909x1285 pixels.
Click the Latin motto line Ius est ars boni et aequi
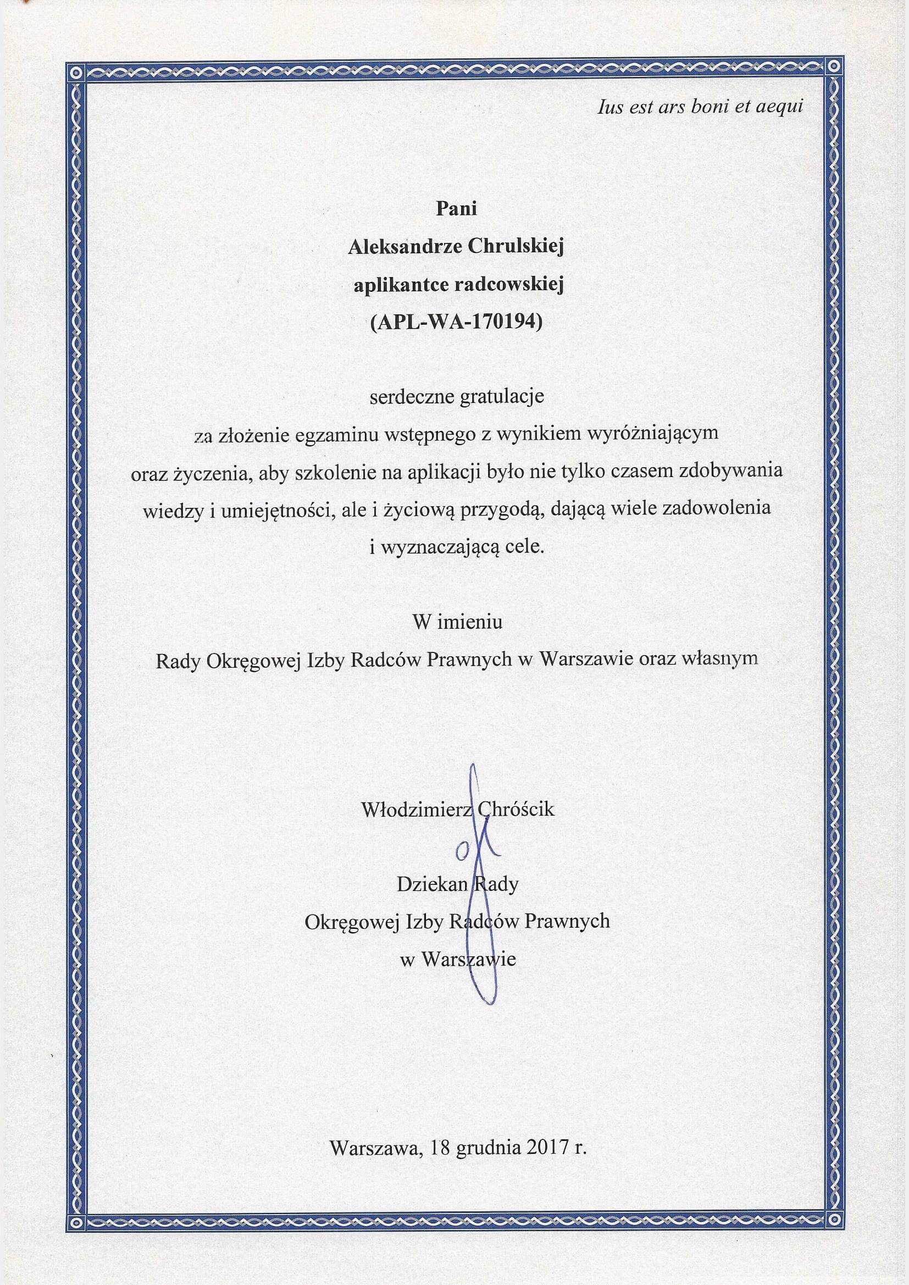700,106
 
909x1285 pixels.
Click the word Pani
456,208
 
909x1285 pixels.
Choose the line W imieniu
457,622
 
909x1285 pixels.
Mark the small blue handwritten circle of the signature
462,852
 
